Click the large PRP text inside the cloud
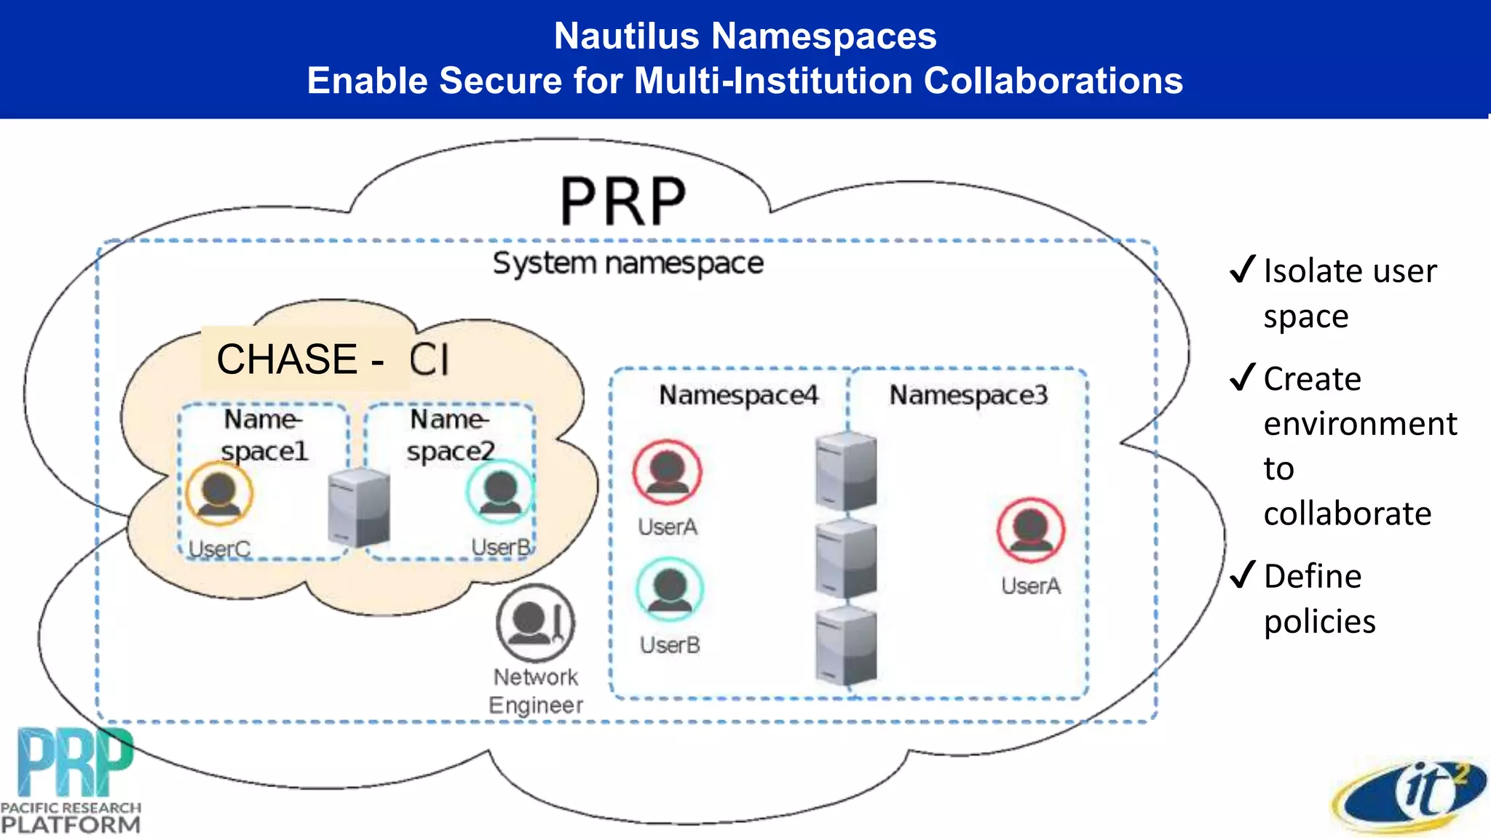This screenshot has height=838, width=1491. click(623, 201)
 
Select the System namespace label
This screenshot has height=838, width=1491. click(628, 263)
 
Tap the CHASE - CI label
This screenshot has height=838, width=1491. click(333, 359)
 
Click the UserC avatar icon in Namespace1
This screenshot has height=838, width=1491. click(218, 492)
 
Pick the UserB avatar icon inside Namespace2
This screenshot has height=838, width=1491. click(500, 491)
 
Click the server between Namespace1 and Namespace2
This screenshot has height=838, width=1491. click(359, 508)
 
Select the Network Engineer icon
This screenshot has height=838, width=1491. click(535, 623)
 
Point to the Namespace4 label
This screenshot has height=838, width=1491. click(738, 395)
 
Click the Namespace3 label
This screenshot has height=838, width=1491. click(968, 395)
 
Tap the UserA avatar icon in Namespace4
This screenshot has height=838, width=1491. click(667, 472)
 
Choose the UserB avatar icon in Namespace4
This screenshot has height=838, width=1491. click(669, 588)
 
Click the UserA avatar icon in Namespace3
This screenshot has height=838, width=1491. click(1030, 530)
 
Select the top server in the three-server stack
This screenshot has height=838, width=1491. click(845, 471)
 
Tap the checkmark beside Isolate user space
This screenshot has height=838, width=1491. click(1243, 269)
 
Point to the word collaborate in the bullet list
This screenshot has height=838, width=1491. click(1347, 514)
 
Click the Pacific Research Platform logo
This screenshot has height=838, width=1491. click(71, 781)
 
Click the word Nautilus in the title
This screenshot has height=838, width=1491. click(626, 36)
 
